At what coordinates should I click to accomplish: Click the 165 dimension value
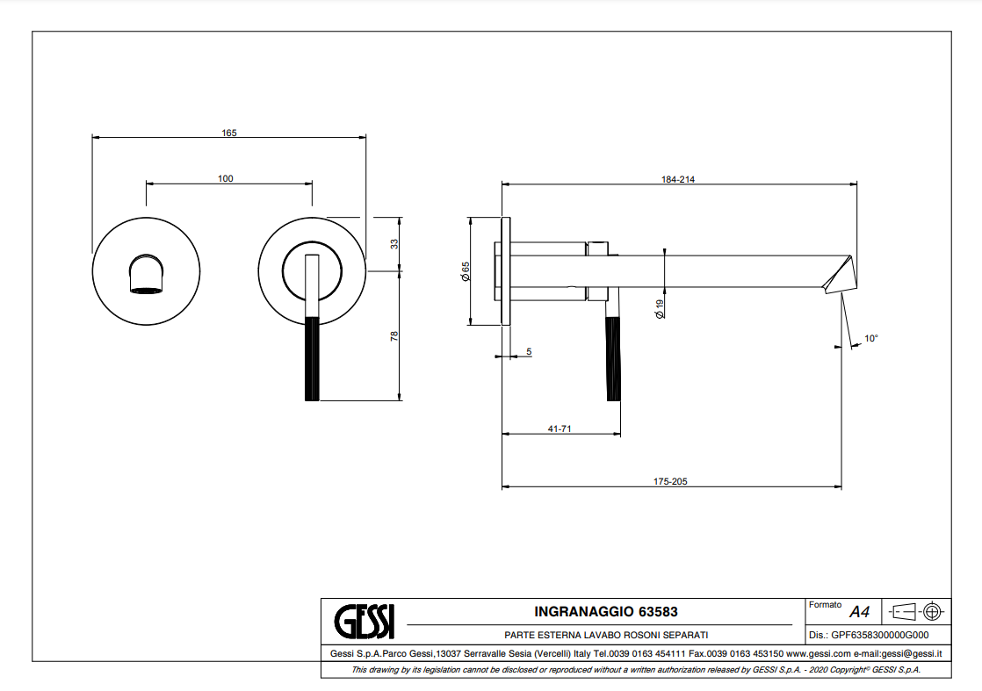228,133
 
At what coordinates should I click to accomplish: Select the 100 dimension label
226,179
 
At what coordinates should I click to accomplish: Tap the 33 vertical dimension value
394,243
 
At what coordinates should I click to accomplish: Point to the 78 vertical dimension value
394,335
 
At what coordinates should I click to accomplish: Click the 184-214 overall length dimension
678,179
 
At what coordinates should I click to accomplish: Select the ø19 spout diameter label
659,307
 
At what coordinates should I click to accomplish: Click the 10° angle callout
871,338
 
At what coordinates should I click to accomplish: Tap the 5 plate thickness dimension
529,352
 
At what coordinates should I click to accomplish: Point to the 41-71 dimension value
560,428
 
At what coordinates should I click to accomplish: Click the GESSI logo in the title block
365,622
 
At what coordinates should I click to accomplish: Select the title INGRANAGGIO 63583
606,611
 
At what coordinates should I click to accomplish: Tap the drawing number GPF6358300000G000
879,635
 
